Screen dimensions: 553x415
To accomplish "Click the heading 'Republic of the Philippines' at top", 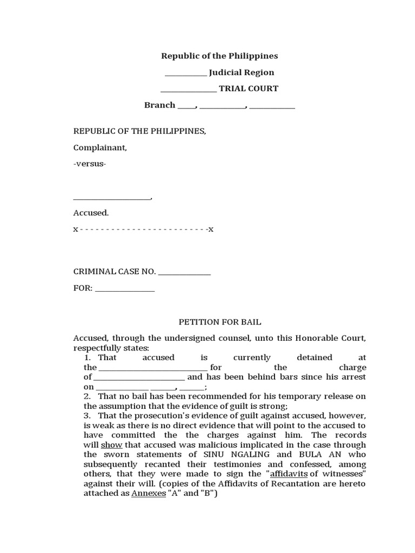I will point(219,56).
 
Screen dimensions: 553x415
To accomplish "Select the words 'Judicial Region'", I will point(242,72).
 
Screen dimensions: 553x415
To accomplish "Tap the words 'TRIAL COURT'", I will point(249,89).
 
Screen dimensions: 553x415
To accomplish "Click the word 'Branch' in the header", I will point(159,105).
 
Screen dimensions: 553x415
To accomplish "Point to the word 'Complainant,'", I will point(100,147).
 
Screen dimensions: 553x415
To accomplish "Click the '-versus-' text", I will point(90,164).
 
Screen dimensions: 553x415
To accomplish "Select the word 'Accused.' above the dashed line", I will point(91,213).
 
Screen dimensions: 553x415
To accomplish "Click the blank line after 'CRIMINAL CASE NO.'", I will point(184,272).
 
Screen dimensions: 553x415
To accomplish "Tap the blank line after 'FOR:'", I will point(125,288).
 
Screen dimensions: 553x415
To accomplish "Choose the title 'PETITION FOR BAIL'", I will point(220,322).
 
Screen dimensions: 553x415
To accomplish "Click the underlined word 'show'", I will point(112,445).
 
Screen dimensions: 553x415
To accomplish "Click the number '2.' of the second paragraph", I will point(87,396).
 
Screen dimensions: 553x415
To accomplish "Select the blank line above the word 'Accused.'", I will point(112,198).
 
